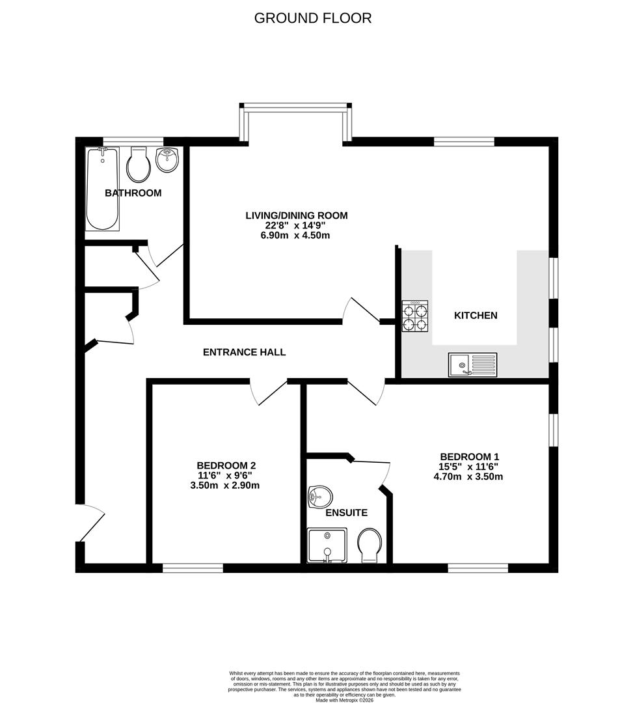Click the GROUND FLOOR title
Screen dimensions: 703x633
pyautogui.click(x=312, y=18)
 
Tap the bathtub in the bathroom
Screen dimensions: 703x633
pyautogui.click(x=102, y=189)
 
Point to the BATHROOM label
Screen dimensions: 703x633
pyautogui.click(x=133, y=193)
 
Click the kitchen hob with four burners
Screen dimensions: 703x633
pyautogui.click(x=414, y=316)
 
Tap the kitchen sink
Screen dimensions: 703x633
pyautogui.click(x=472, y=365)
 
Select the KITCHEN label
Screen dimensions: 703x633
pyautogui.click(x=475, y=316)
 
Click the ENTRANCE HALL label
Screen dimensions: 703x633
pyautogui.click(x=244, y=352)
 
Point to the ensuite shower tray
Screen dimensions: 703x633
pyautogui.click(x=327, y=545)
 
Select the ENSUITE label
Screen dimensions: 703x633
pyautogui.click(x=346, y=513)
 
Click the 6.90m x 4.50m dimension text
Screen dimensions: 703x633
pyautogui.click(x=296, y=236)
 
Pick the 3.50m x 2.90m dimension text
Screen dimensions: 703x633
pyautogui.click(x=226, y=486)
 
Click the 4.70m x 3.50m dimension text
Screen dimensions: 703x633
pyautogui.click(x=468, y=477)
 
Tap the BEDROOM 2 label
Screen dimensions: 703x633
pyautogui.click(x=226, y=465)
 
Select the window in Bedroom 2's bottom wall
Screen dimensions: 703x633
pyautogui.click(x=193, y=568)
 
